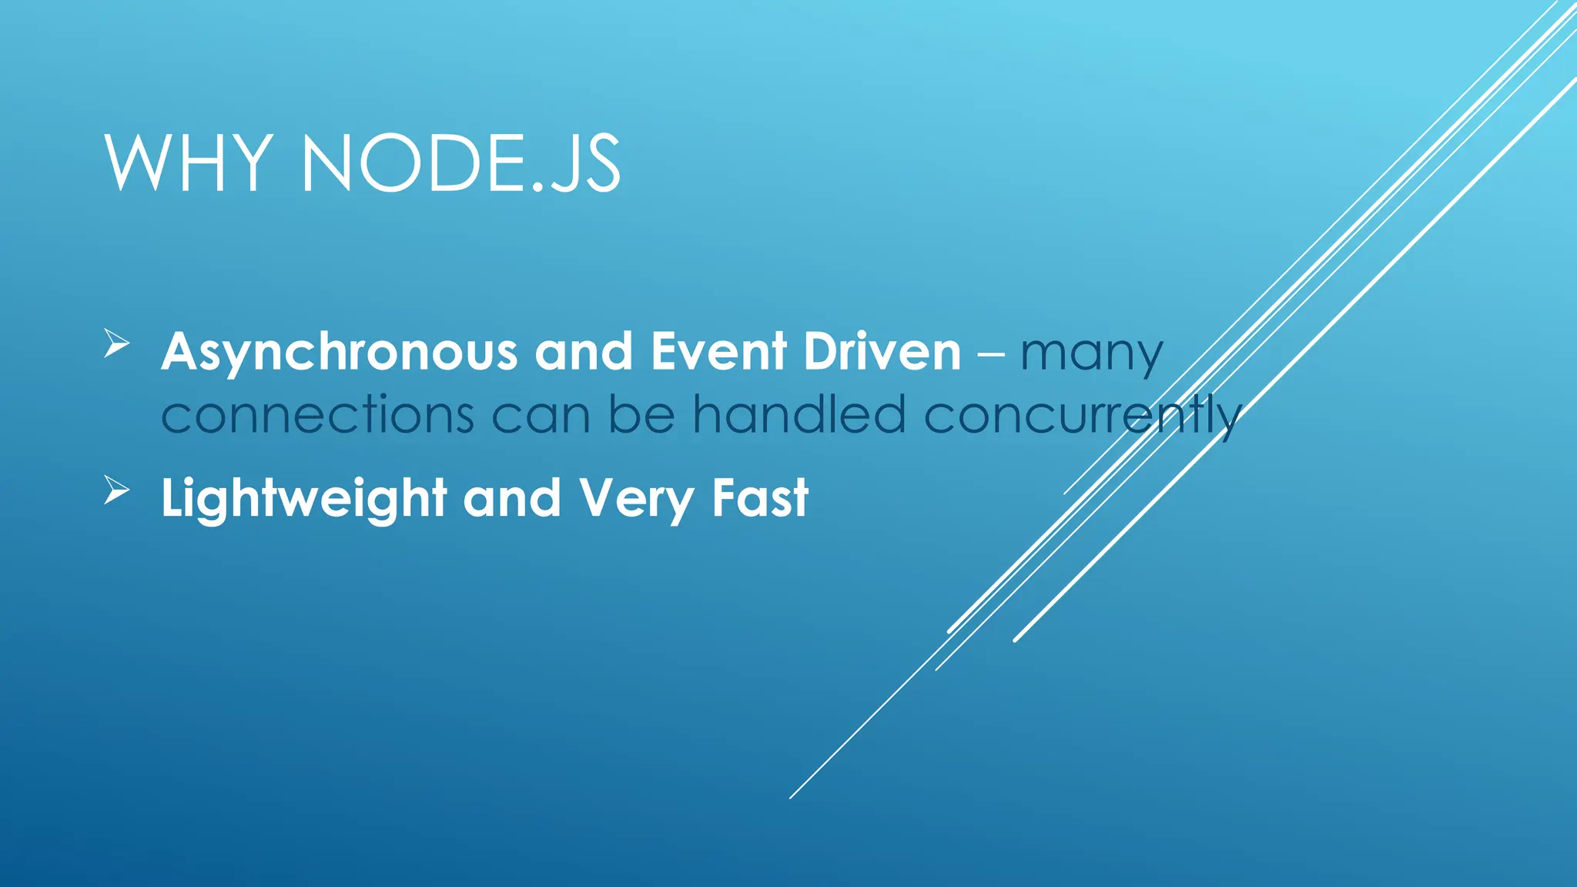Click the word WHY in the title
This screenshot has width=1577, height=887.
click(x=189, y=163)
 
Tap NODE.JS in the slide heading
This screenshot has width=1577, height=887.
click(x=460, y=163)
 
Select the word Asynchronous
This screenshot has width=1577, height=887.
click(x=339, y=353)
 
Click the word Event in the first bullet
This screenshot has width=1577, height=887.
click(x=719, y=352)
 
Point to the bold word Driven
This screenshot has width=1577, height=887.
click(x=882, y=352)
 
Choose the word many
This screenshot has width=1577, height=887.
click(x=1091, y=354)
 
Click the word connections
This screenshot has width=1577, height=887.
click(x=317, y=415)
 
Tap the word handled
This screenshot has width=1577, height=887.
click(x=799, y=414)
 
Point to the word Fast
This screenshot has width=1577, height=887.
click(x=760, y=498)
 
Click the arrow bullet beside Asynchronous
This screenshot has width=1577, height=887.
click(x=116, y=343)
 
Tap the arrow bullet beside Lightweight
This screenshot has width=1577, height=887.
click(x=116, y=490)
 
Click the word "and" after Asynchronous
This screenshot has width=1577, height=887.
click(x=584, y=352)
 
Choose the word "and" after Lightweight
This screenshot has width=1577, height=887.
click(x=512, y=498)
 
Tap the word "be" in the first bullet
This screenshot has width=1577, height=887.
click(x=641, y=414)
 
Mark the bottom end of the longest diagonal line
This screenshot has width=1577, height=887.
click(x=791, y=798)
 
